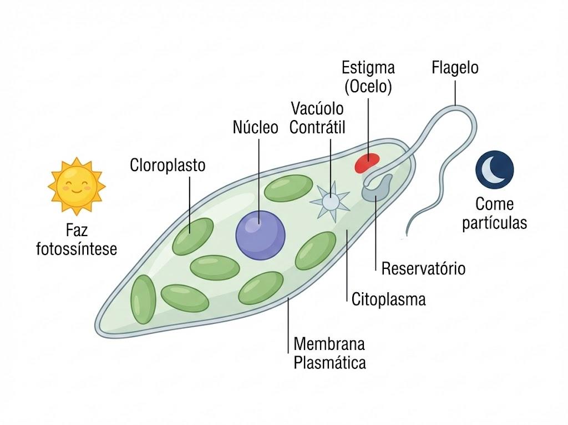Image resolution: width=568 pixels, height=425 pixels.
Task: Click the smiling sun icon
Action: click(77, 186)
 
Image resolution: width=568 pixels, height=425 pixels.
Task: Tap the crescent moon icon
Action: click(494, 169)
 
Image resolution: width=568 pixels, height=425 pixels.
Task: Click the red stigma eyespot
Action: click(367, 163)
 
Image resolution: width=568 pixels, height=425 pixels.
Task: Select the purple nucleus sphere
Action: click(261, 235)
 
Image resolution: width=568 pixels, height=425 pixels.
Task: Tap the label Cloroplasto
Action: click(168, 165)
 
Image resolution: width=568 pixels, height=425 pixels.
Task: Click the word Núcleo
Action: click(255, 127)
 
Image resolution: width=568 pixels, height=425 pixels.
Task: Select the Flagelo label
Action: click(455, 68)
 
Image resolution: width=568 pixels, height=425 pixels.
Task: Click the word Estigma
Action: click(368, 68)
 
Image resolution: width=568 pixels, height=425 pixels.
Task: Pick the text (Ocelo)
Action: click(368, 87)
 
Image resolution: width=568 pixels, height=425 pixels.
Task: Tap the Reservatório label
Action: click(423, 269)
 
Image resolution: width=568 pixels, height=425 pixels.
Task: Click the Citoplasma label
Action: click(389, 299)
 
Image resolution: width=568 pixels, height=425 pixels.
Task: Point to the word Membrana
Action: click(329, 344)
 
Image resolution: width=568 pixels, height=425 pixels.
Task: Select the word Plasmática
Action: click(329, 363)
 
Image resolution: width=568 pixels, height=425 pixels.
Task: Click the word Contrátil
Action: click(317, 127)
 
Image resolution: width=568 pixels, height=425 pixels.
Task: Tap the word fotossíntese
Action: click(77, 249)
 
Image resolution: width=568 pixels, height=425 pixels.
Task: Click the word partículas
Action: click(494, 222)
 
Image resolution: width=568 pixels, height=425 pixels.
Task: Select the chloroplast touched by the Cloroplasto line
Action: click(192, 237)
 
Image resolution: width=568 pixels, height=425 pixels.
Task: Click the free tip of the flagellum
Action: click(407, 234)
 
